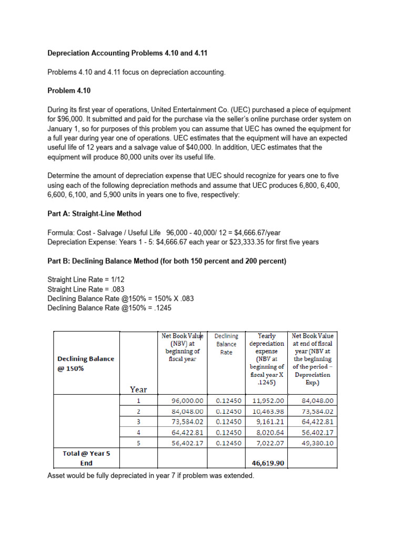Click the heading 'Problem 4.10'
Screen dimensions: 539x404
(69, 91)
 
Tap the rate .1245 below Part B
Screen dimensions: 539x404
(160, 308)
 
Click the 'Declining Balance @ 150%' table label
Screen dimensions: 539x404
(86, 363)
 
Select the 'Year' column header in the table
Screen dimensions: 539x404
(138, 390)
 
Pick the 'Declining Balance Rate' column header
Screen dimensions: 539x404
(226, 344)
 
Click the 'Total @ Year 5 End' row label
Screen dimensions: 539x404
(86, 458)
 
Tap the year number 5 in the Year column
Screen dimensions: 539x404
(138, 443)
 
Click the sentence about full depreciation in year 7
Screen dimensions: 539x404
(150, 476)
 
